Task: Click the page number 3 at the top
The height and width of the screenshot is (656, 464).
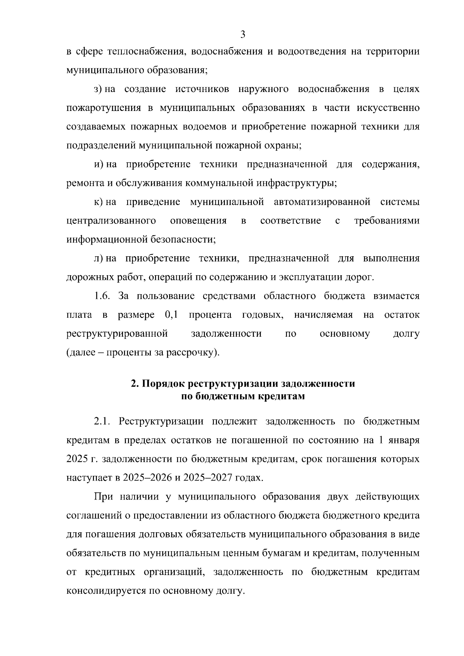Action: [x=243, y=34]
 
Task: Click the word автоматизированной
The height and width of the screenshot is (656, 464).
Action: [x=322, y=202]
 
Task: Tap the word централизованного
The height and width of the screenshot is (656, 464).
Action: [x=111, y=221]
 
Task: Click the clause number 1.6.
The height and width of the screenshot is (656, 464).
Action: [x=102, y=296]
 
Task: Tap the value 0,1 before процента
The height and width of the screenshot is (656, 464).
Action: [x=171, y=315]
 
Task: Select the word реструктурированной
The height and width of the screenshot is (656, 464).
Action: [x=117, y=334]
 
